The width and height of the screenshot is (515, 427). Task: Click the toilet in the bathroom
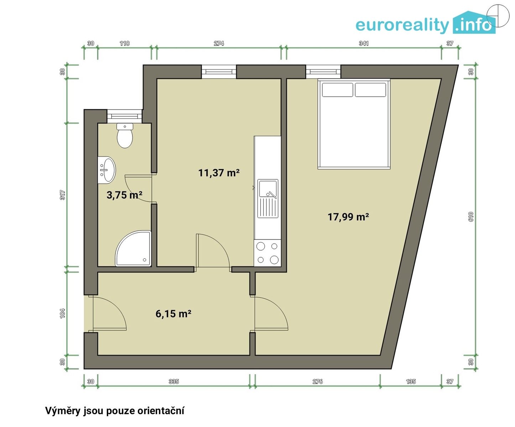click(125, 136)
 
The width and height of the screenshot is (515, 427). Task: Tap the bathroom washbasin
click(107, 170)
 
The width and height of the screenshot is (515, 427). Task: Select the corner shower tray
click(134, 248)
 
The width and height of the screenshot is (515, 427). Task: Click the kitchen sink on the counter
click(268, 199)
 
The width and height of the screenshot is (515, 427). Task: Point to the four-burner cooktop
click(267, 253)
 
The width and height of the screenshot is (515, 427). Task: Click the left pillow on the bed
click(337, 90)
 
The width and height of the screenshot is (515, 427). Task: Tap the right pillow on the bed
click(370, 90)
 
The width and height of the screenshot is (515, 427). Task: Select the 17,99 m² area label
click(348, 217)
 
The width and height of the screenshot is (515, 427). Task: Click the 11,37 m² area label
click(219, 173)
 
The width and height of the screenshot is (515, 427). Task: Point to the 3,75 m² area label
click(124, 195)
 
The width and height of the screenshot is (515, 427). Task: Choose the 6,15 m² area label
click(173, 314)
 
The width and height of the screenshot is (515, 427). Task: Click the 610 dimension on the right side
click(471, 217)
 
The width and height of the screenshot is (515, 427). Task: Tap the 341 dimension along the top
click(364, 43)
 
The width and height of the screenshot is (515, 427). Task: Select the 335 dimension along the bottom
click(174, 381)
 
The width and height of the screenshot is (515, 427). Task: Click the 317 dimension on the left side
click(63, 195)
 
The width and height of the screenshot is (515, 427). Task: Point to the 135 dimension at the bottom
click(411, 381)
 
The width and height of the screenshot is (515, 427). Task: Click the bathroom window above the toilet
click(125, 116)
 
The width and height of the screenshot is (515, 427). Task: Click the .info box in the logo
click(474, 22)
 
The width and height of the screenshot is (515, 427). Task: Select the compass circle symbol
click(498, 16)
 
